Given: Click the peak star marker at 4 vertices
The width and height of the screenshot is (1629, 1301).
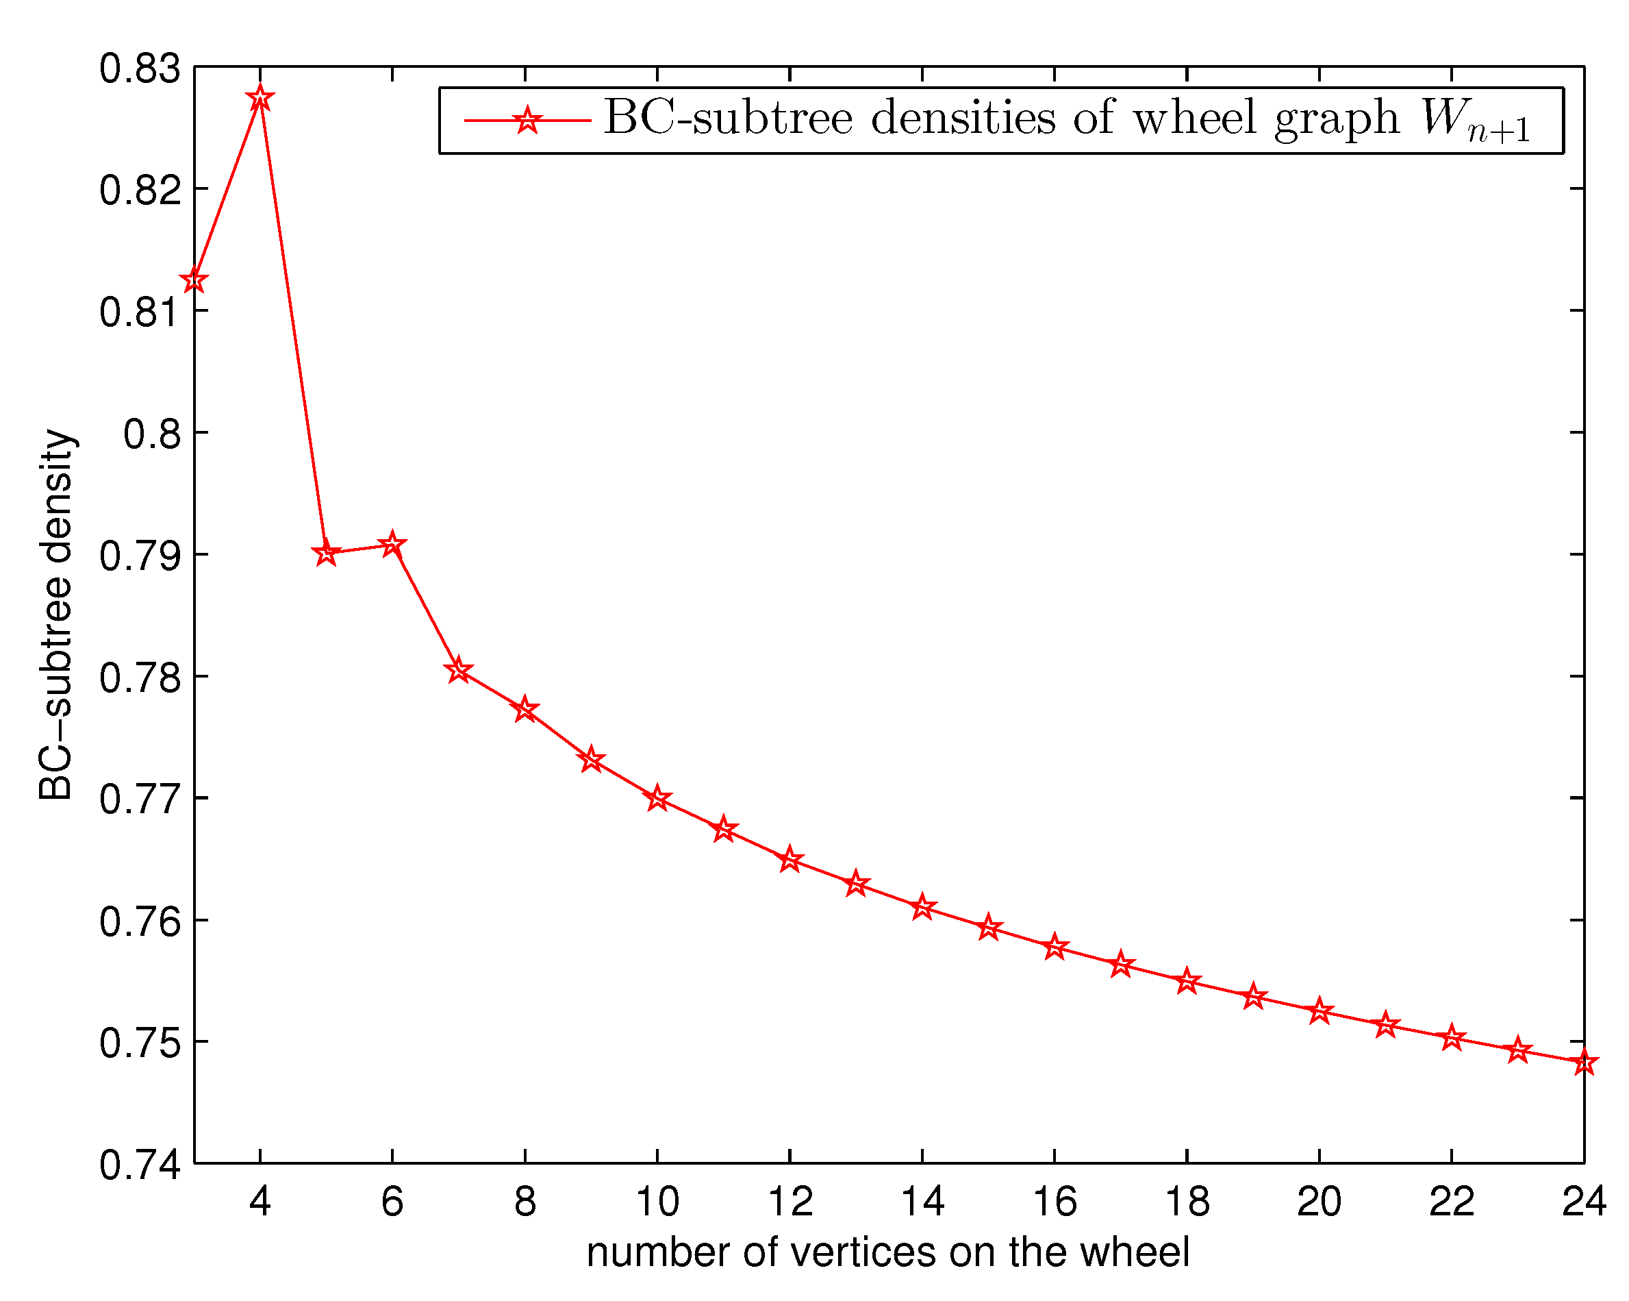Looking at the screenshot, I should [x=260, y=98].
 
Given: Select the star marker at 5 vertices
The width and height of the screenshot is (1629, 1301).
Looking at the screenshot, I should [x=326, y=554].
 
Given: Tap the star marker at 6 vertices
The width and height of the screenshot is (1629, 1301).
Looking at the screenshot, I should [x=392, y=544].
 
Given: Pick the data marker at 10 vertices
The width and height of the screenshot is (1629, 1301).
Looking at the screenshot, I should [x=657, y=798].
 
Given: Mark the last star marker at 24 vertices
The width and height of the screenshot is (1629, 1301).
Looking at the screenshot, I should [x=1584, y=1062].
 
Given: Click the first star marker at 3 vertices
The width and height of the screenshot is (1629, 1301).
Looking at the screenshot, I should [x=194, y=280].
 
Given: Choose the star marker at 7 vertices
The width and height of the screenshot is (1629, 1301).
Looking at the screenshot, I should [x=459, y=671].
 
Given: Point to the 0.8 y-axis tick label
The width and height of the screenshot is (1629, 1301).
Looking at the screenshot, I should [x=153, y=434].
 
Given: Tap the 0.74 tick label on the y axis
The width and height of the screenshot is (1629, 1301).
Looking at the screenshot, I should [x=140, y=1165].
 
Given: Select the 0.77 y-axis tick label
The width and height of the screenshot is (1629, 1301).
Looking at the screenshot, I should [x=140, y=800].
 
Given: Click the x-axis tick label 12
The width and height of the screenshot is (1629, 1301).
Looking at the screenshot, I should [x=790, y=1202].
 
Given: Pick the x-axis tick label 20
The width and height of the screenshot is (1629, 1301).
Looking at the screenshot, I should [x=1319, y=1202].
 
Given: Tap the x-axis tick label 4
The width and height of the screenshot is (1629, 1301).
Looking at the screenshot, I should [x=260, y=1202].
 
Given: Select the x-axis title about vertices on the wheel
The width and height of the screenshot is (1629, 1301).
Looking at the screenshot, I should [x=889, y=1253].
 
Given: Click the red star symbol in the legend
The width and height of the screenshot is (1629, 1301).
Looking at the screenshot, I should [x=527, y=120].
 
